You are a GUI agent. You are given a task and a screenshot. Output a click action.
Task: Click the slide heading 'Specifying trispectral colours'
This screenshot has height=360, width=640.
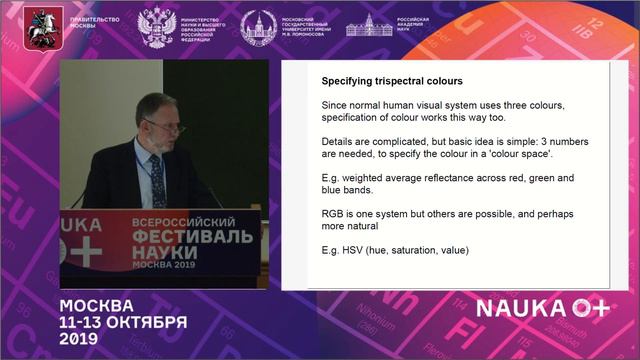[x=393, y=80]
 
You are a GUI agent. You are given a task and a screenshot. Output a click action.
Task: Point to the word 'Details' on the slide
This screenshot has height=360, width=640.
[x=339, y=141]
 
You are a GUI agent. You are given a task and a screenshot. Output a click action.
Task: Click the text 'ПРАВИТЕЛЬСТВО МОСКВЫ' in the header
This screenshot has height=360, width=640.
[x=93, y=23]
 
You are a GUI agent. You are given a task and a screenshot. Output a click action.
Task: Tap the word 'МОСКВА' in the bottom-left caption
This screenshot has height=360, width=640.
[x=96, y=304]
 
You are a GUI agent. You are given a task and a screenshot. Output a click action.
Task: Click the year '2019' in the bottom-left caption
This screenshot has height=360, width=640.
[x=78, y=339]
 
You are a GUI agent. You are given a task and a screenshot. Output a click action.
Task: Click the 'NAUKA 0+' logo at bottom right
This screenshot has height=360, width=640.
[x=541, y=308]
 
